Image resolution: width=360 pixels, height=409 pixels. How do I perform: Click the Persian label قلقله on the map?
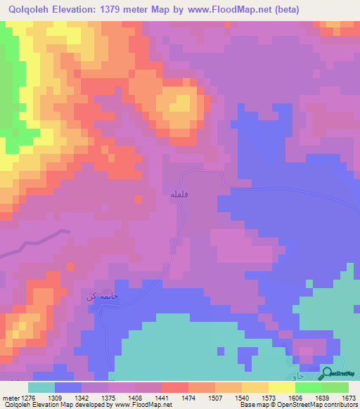(178, 193)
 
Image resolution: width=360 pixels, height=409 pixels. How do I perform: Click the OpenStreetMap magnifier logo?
(328, 374)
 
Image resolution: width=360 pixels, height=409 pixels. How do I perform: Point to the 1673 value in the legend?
(349, 397)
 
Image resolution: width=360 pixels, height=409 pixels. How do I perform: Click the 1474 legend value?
(189, 397)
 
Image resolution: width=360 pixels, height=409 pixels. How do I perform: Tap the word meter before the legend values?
(11, 397)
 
